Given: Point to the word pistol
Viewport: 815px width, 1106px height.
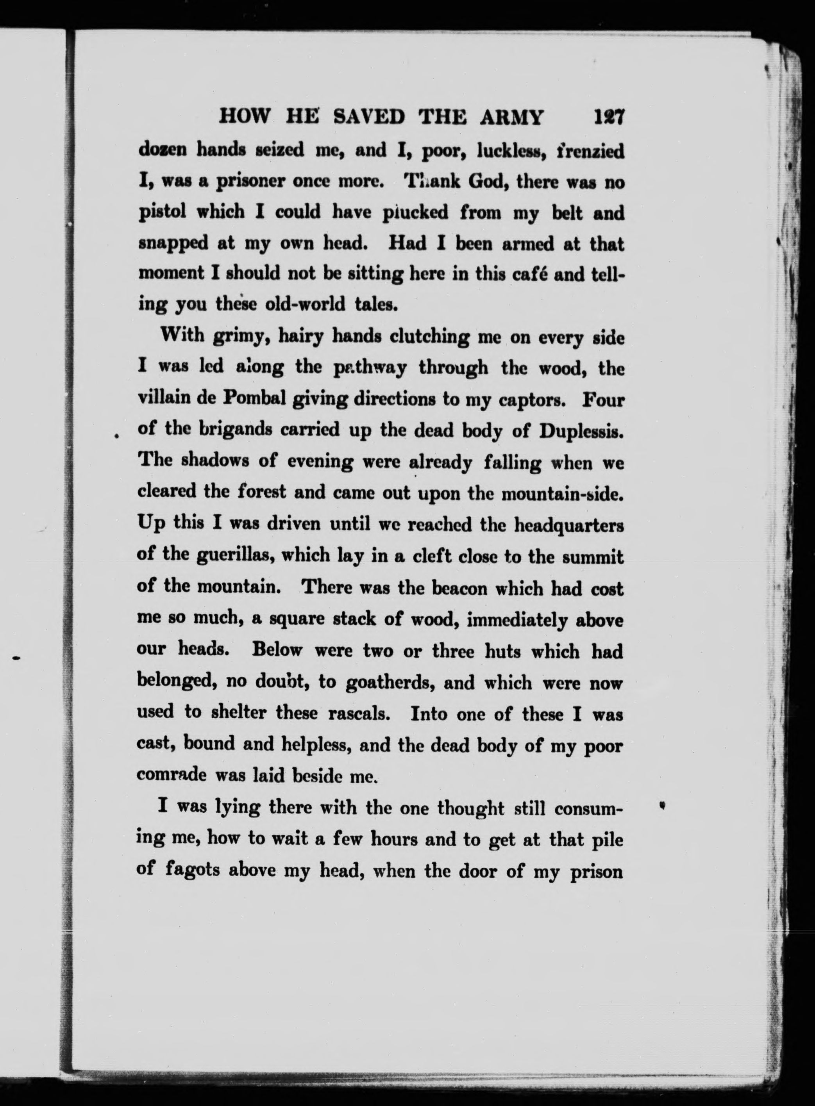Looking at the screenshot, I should click(x=163, y=212).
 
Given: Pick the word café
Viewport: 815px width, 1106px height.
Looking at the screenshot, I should click(x=526, y=274).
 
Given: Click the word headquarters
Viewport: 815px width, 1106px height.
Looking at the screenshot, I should click(x=569, y=525).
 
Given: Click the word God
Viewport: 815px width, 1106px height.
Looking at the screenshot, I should click(x=486, y=182).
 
